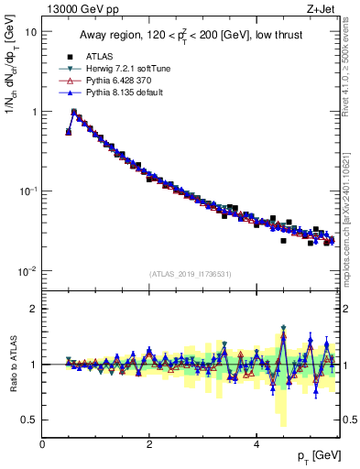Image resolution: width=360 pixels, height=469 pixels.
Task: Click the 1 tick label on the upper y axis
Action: (x=34, y=112)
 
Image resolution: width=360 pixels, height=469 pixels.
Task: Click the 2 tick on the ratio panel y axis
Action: (x=34, y=309)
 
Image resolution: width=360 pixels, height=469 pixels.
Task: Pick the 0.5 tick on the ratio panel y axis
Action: (x=30, y=420)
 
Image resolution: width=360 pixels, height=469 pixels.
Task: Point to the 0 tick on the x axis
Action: (x=42, y=443)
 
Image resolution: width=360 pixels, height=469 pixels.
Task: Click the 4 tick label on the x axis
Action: (x=256, y=443)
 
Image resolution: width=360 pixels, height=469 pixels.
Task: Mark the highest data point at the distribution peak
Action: (x=74, y=112)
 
